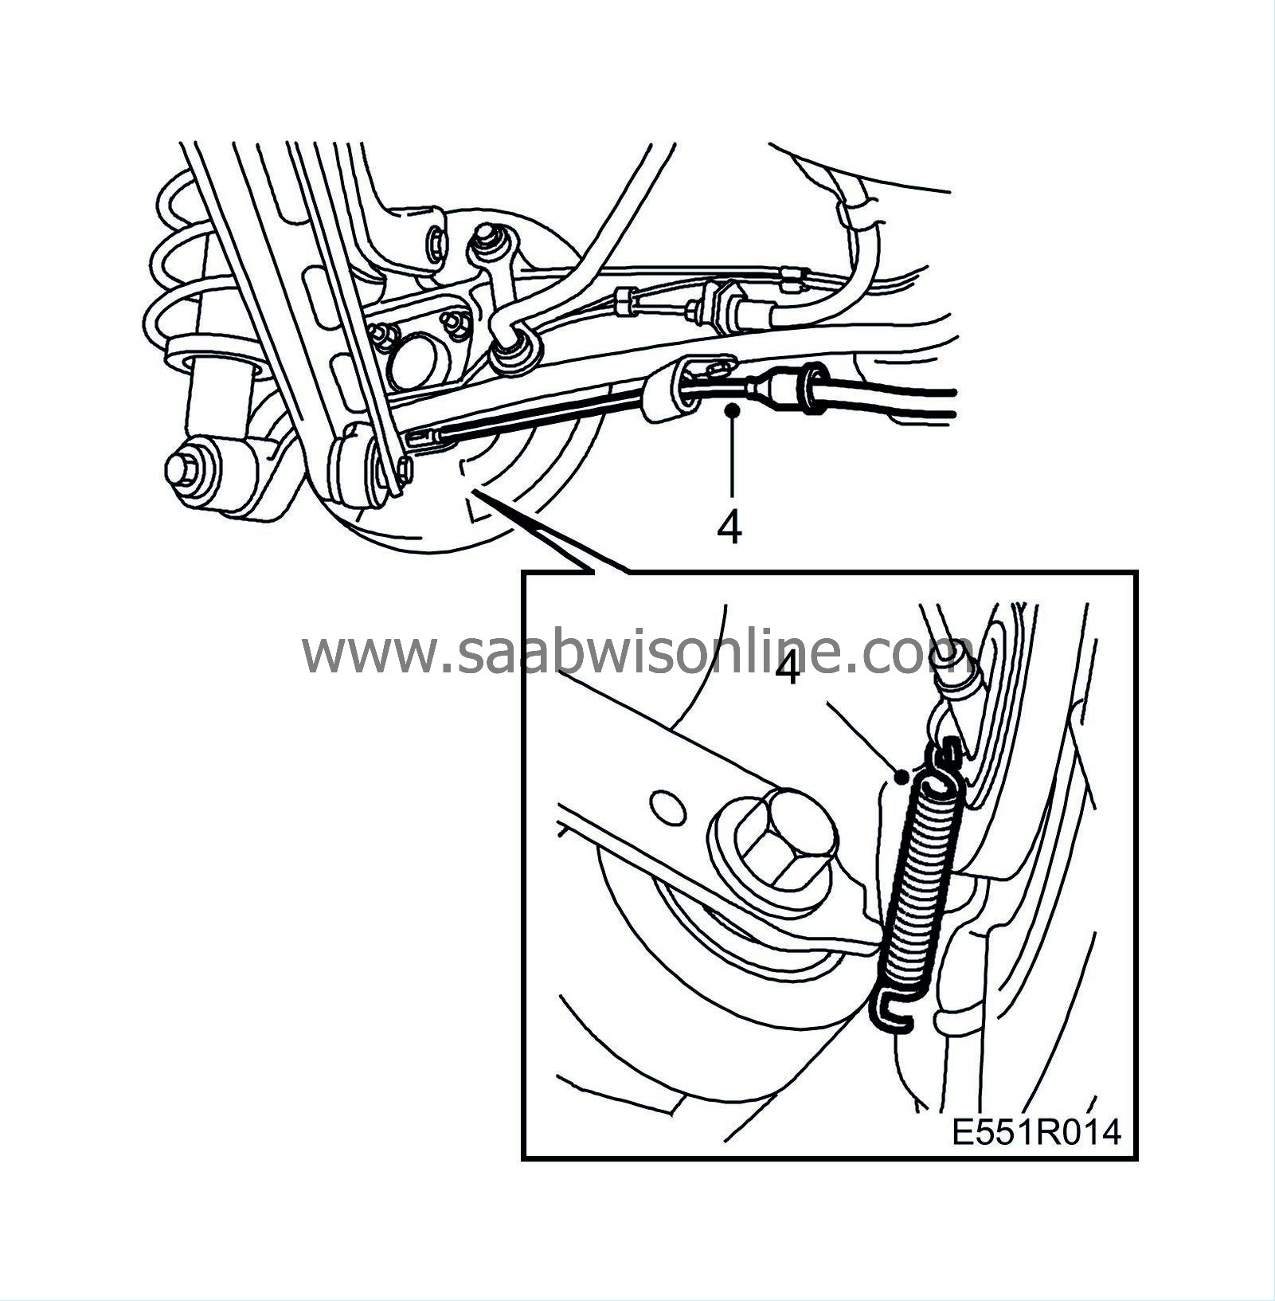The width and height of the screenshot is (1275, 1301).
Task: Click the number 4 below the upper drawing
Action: pyautogui.click(x=729, y=527)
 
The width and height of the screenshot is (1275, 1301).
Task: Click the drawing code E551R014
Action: pyautogui.click(x=1036, y=1132)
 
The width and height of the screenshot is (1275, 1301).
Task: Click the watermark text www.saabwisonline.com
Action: pyautogui.click(x=637, y=653)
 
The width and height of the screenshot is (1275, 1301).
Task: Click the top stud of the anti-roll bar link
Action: pyautogui.click(x=483, y=237)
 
